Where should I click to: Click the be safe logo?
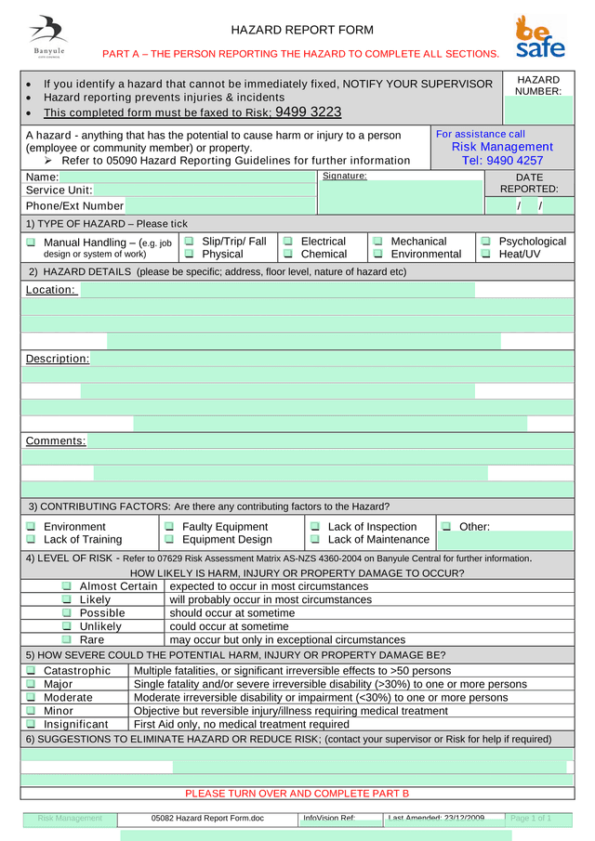click(x=539, y=37)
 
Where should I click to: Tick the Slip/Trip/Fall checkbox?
click(x=190, y=242)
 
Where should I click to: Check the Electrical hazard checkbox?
click(x=288, y=242)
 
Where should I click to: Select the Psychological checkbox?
click(x=485, y=242)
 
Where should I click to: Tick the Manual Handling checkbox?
click(x=31, y=243)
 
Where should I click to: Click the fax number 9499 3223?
click(x=309, y=112)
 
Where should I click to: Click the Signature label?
click(x=344, y=176)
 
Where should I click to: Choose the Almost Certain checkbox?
click(x=67, y=586)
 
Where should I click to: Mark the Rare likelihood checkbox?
click(x=67, y=639)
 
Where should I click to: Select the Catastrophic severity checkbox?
click(x=31, y=670)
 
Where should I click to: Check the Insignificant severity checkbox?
click(x=31, y=724)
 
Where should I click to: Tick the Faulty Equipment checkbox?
click(x=170, y=527)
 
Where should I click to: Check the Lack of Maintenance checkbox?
click(x=315, y=539)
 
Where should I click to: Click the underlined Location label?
click(x=50, y=290)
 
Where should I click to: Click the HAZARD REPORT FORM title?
click(x=302, y=30)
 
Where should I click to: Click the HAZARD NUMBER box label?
click(x=538, y=85)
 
